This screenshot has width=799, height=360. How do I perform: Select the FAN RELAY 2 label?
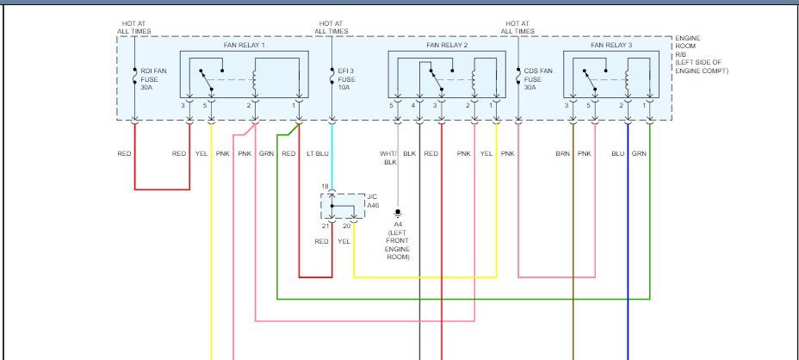[x=448, y=44]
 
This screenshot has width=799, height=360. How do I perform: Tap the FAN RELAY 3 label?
[x=611, y=44]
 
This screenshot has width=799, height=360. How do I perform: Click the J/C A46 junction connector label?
[x=373, y=201]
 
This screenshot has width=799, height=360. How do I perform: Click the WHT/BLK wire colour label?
[x=389, y=158]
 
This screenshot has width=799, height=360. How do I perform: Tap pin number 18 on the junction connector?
[x=325, y=186]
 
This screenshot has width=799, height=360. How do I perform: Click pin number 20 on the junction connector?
[x=346, y=226]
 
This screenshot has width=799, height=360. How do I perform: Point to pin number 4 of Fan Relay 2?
[x=413, y=105]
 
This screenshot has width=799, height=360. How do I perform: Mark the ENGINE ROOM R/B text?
[x=688, y=47]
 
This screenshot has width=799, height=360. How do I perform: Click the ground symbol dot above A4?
[x=398, y=211]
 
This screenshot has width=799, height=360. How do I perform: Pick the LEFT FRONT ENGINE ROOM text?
[x=398, y=245]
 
